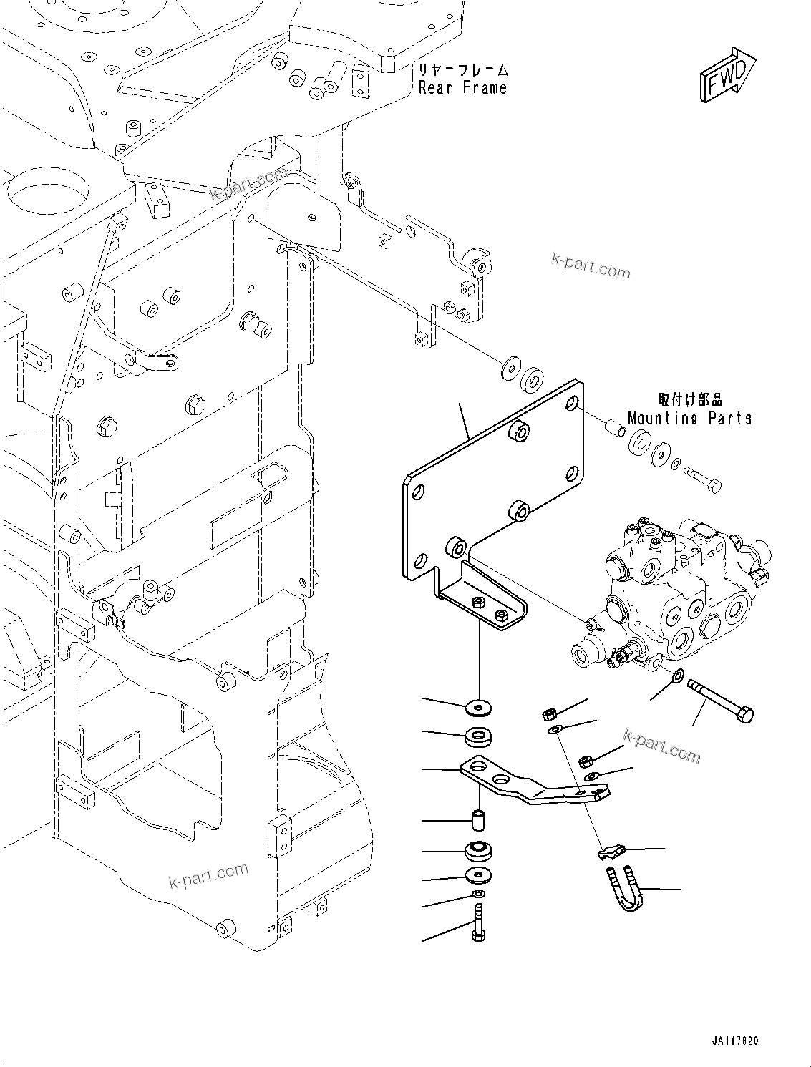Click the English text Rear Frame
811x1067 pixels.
tap(462, 88)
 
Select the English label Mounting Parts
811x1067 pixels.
tap(689, 418)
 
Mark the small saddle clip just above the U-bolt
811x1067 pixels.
tap(610, 852)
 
